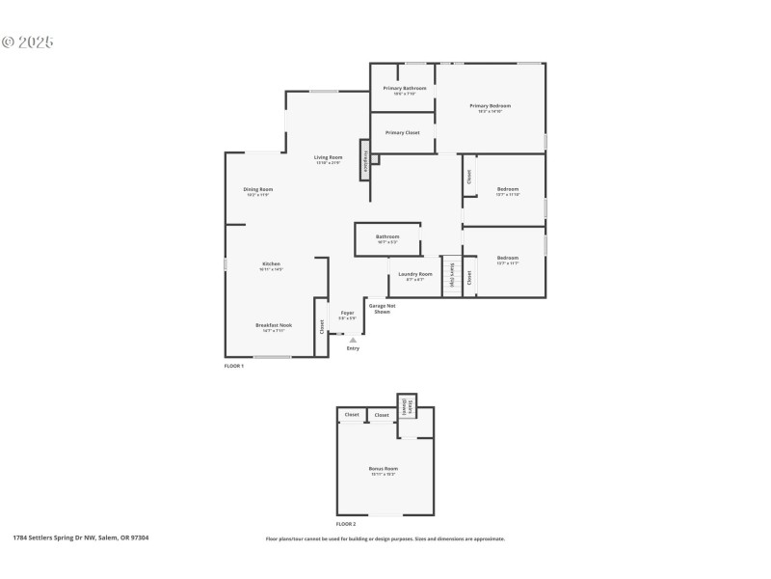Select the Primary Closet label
coord(402,132)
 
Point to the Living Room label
coord(329,157)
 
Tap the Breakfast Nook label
coord(271,326)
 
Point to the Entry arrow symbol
coord(353,340)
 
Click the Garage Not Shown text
coord(382,309)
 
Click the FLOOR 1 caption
coord(234,367)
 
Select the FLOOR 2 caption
coord(346,523)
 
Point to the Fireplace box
coord(365,160)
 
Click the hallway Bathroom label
coord(387,236)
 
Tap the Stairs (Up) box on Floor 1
coord(452,275)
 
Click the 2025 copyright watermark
coord(29,42)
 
